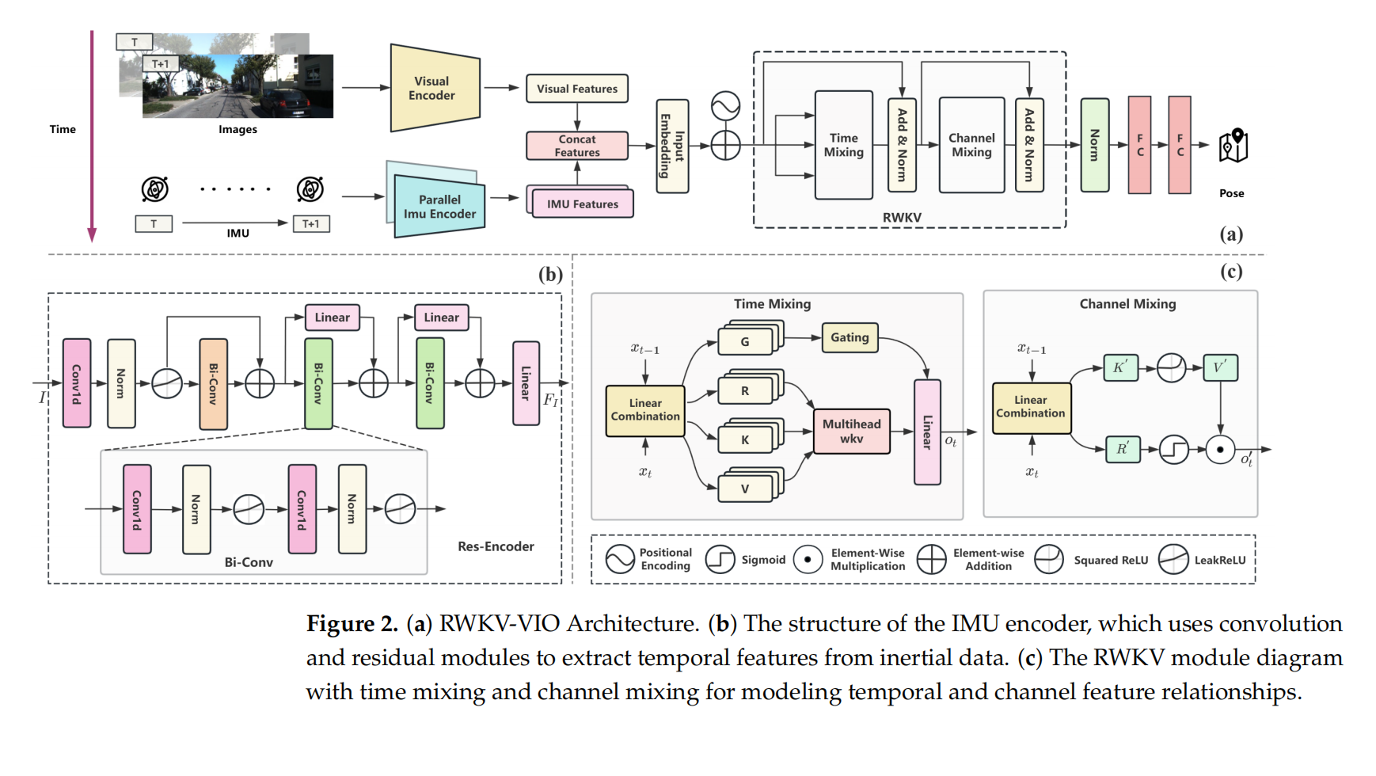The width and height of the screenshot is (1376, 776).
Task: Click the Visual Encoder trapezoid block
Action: (x=435, y=88)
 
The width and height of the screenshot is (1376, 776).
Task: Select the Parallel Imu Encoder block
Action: (x=439, y=207)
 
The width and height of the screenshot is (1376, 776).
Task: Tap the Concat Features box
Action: (x=577, y=146)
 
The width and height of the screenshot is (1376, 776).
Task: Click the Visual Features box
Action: (x=577, y=89)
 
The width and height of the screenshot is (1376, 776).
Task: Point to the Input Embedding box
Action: (x=672, y=146)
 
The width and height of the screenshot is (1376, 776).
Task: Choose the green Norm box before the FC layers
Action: (x=1095, y=145)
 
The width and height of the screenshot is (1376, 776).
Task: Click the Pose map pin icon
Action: (x=1233, y=146)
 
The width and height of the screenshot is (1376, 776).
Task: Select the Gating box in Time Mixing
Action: (x=850, y=337)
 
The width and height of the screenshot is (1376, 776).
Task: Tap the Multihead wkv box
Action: (x=851, y=431)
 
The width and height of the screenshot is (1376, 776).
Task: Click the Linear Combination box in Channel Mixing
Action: (x=1031, y=407)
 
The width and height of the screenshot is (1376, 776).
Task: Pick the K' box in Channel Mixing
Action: (x=1120, y=367)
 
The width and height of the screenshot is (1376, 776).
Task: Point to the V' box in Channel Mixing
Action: (x=1220, y=367)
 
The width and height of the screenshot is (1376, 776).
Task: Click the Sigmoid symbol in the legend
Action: (x=720, y=560)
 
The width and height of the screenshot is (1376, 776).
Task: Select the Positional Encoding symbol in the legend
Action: (x=620, y=559)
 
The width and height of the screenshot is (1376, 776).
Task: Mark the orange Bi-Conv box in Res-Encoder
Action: (x=213, y=384)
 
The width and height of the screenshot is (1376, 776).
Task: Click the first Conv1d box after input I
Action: (x=77, y=383)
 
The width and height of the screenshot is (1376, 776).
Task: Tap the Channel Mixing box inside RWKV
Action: (x=971, y=145)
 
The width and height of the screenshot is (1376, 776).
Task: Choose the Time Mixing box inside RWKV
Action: (x=844, y=145)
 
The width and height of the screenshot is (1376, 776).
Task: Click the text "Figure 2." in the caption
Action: (x=352, y=624)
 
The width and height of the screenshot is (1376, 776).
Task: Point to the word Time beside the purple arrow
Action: (x=63, y=129)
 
